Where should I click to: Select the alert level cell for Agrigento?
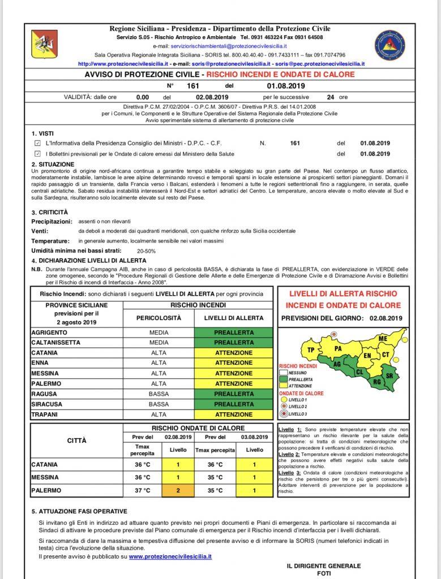[x=234, y=332]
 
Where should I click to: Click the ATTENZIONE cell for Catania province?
[x=234, y=353]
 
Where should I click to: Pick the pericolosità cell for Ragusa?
[x=159, y=394]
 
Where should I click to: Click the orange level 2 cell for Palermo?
[x=178, y=490]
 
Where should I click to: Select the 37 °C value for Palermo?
[x=143, y=490]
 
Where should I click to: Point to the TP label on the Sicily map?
[x=311, y=350]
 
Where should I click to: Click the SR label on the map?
[x=389, y=375]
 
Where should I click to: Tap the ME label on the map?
[x=383, y=338]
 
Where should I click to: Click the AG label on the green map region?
[x=337, y=365]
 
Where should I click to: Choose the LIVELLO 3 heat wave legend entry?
[x=298, y=414]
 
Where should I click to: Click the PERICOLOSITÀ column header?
[x=159, y=318]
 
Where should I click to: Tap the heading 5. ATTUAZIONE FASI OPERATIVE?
[x=79, y=511]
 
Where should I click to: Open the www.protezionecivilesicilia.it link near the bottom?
[x=170, y=557]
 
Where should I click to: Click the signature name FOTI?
[x=323, y=573]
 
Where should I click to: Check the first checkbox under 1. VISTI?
[x=37, y=143]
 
